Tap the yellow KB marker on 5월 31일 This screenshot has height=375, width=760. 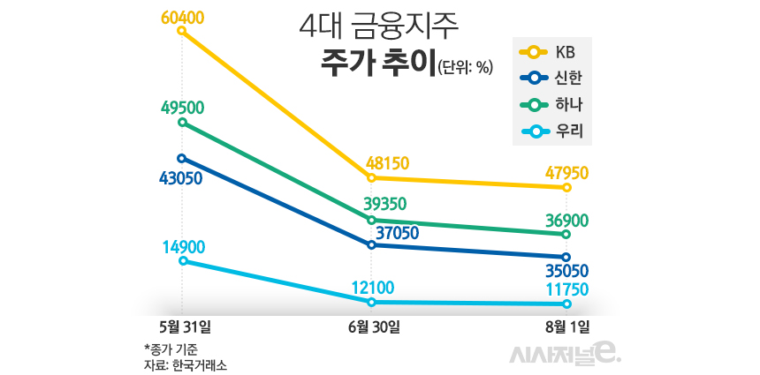click(x=182, y=31)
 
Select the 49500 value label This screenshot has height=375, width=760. click(x=183, y=108)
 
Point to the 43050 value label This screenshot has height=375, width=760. click(x=181, y=178)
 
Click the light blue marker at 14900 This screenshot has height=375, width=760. click(x=182, y=261)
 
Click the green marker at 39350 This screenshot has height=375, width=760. click(x=372, y=220)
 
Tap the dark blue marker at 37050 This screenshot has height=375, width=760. click(x=372, y=244)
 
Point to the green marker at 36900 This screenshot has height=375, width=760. click(x=566, y=235)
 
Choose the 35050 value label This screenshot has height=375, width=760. click(x=566, y=270)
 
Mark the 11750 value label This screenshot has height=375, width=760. click(x=566, y=289)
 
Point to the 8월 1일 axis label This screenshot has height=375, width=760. click(x=567, y=326)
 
